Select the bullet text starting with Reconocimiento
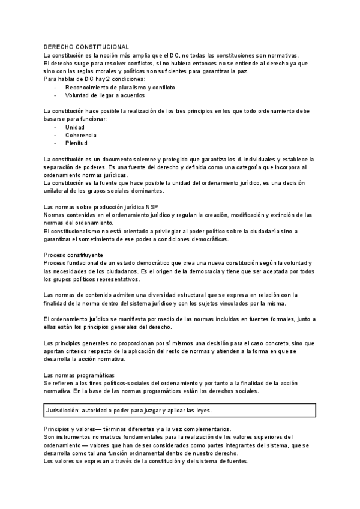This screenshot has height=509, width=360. pos(120,87)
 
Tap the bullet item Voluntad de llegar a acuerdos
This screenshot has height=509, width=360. pos(104,95)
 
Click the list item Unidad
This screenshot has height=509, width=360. pos(75,128)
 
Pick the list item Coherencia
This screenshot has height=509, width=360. pos(80,136)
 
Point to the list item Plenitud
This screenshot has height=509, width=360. pos(76,143)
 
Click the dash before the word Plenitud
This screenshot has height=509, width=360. pos(55,143)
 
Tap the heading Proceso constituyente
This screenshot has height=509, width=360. pos(73,254)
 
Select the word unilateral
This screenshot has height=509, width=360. pos(57,191)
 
